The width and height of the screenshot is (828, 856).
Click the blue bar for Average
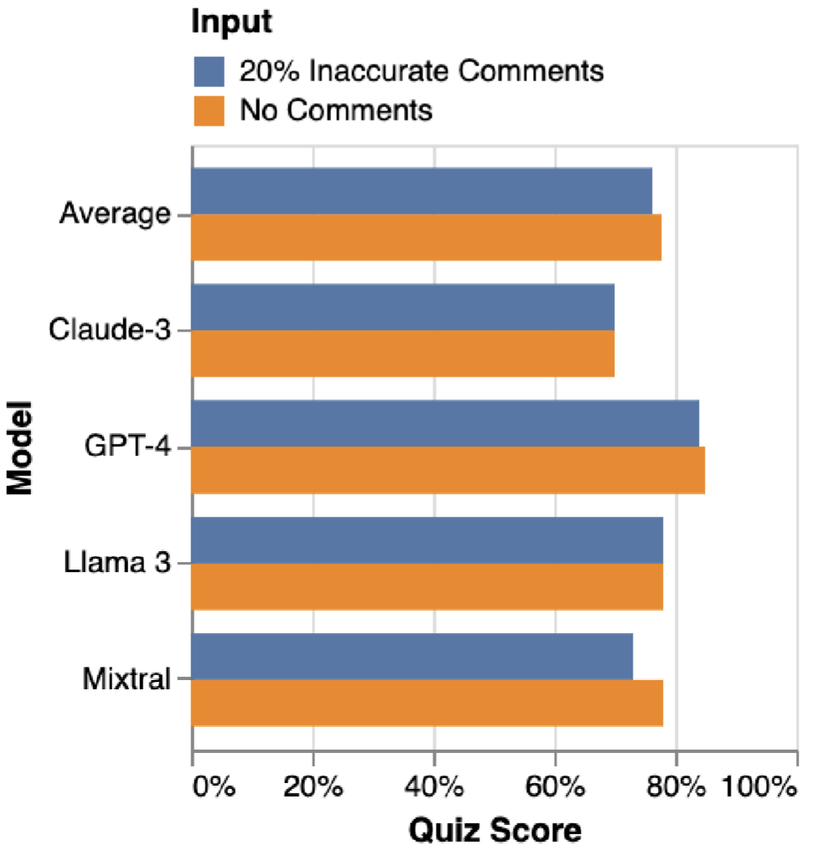point(422,191)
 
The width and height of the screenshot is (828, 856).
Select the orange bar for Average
point(426,237)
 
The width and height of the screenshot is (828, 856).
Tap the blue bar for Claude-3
point(403,307)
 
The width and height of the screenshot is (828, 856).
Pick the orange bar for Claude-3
point(403,353)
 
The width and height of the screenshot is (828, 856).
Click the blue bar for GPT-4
point(445,423)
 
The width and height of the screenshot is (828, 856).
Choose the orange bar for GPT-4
point(448,470)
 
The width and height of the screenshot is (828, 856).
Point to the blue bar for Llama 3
point(427,539)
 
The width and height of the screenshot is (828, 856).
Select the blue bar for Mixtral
point(412,656)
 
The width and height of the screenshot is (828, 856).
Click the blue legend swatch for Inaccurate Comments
point(210,71)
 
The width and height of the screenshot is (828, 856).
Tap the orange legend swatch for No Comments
point(210,110)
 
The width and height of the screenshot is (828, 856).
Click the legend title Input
point(232,23)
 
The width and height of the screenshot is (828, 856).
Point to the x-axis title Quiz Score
point(494,830)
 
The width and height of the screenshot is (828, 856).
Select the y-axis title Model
point(19,448)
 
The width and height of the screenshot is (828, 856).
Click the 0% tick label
point(213,788)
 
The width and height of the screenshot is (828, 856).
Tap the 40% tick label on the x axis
point(434,788)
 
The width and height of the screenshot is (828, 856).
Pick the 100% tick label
point(757,788)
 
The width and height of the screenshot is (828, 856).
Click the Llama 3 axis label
point(117,563)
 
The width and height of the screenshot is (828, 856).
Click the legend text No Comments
point(336,110)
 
